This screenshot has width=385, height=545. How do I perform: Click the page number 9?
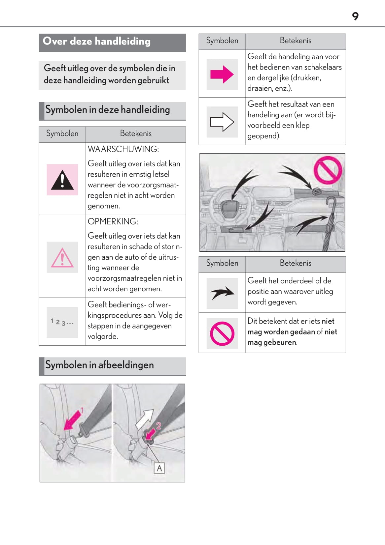pyautogui.click(x=355, y=16)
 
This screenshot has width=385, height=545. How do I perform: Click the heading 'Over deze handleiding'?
pyautogui.click(x=96, y=42)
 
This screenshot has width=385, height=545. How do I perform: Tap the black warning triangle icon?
pyautogui.click(x=62, y=180)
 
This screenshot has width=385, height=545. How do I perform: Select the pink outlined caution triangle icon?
pyautogui.click(x=62, y=258)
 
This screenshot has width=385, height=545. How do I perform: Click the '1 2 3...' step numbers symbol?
pyautogui.click(x=62, y=322)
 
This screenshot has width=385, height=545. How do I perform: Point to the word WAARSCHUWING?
pyautogui.click(x=123, y=149)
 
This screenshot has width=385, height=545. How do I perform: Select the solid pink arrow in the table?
pyautogui.click(x=222, y=74)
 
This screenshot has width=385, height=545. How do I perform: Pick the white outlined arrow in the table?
pyautogui.click(x=222, y=122)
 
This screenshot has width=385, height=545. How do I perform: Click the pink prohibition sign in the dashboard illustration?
pyautogui.click(x=328, y=170)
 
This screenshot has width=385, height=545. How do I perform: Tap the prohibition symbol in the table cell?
pyautogui.click(x=222, y=333)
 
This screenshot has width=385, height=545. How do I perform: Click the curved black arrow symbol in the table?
pyautogui.click(x=222, y=293)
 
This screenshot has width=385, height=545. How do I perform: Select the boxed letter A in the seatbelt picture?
pyautogui.click(x=159, y=468)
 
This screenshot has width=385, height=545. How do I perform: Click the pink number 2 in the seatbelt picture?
pyautogui.click(x=158, y=426)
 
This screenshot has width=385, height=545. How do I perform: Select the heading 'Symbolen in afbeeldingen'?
pyautogui.click(x=99, y=365)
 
